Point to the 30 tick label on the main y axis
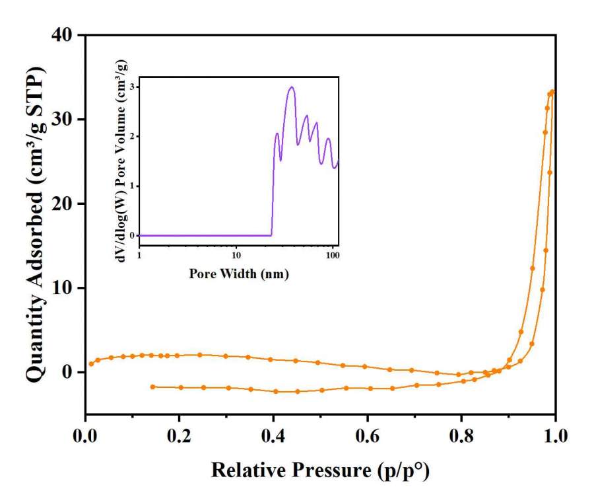click(x=65, y=119)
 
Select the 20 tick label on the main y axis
click(x=65, y=204)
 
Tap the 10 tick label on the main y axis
click(x=65, y=288)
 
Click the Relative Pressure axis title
click(x=320, y=470)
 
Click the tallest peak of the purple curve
click(x=291, y=87)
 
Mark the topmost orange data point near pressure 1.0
click(x=552, y=92)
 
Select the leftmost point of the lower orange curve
click(x=153, y=387)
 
